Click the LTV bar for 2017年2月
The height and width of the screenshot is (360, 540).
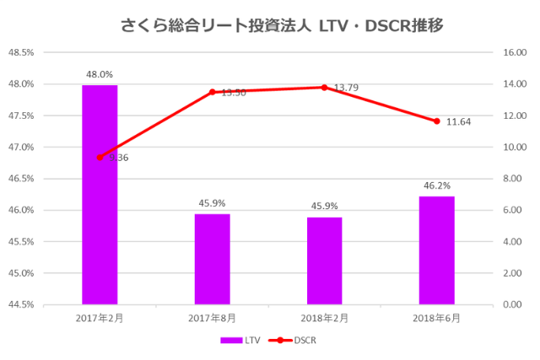pos(100,194)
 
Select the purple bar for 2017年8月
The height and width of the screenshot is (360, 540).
pos(212,259)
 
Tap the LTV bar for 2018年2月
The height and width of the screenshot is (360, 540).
pos(324,261)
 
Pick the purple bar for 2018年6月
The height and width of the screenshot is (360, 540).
pos(436,250)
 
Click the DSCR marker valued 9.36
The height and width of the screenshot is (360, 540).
pos(100,157)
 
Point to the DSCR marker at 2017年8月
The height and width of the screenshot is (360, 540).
pos(212,92)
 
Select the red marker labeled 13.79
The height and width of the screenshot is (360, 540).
pos(324,87)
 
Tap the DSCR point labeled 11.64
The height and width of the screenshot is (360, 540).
pos(436,121)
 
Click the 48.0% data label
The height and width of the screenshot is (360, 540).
pos(100,73)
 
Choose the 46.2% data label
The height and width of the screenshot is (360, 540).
pos(436,185)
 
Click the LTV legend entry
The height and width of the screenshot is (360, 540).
pos(241,340)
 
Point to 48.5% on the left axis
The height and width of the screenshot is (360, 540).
pos(21,52)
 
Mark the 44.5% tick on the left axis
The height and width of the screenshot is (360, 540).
pos(21,304)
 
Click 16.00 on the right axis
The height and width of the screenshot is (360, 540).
pos(515,52)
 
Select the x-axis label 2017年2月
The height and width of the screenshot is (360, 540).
pos(100,318)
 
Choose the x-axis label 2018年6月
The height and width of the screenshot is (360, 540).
pos(436,318)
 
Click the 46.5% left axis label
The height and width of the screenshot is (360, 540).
pos(21,179)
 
